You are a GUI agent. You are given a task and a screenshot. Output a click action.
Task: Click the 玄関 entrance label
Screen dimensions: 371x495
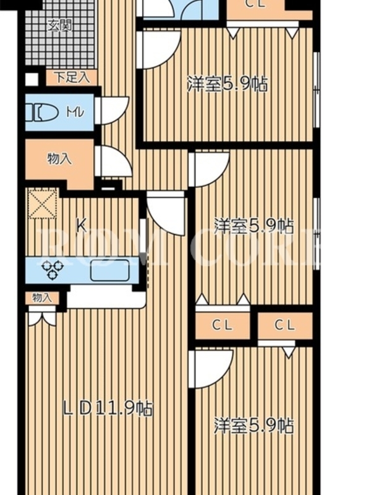(60, 25)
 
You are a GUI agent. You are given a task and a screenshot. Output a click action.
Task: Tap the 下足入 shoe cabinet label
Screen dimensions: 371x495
(72, 78)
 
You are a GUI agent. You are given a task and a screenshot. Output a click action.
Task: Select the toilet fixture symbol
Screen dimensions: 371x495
(41, 113)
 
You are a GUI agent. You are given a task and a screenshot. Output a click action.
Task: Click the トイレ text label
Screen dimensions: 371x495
(75, 113)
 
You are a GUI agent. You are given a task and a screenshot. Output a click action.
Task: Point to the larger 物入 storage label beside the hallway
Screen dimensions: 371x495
(59, 158)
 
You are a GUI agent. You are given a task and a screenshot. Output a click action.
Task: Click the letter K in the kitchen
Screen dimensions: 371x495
(82, 226)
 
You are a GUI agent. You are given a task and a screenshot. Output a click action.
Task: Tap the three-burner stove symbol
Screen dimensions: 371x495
(52, 270)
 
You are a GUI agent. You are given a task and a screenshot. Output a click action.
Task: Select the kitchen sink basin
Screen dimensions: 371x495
(109, 270)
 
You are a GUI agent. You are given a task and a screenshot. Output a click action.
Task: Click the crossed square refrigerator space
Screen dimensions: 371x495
(43, 203)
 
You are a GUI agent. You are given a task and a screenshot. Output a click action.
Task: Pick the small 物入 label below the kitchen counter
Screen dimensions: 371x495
(41, 298)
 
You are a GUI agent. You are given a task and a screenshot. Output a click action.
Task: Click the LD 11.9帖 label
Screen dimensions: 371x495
(108, 408)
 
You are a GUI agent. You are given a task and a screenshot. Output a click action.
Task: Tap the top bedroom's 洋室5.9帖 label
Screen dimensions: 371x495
(227, 84)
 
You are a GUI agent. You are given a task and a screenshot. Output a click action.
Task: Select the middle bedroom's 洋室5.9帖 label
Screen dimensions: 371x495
(254, 226)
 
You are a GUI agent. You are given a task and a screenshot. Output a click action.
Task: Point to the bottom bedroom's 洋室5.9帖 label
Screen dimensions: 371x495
(254, 425)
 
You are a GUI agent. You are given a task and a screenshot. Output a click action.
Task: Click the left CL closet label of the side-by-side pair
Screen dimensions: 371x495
(222, 324)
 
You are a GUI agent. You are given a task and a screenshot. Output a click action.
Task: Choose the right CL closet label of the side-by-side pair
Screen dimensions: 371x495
(284, 324)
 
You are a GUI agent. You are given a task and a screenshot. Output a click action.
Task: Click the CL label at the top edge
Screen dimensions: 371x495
(255, 4)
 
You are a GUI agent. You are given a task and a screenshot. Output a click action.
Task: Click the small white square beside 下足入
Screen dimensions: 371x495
(32, 79)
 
